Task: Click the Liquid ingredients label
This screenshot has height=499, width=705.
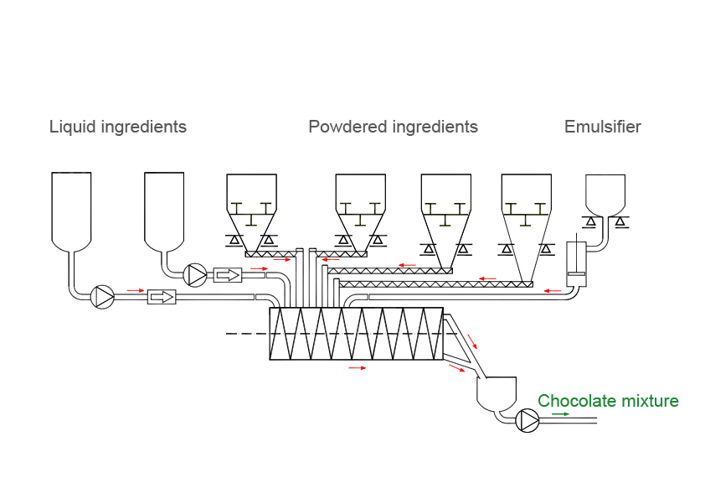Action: click(x=117, y=127)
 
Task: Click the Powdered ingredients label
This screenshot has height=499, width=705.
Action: click(x=393, y=127)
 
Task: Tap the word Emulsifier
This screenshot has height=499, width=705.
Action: click(x=602, y=127)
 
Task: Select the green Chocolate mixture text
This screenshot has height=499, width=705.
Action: click(x=608, y=402)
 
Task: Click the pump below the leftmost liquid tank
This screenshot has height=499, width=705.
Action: click(x=102, y=297)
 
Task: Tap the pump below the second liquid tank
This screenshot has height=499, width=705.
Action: click(x=196, y=274)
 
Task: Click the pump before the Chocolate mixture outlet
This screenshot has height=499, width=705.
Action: click(x=528, y=420)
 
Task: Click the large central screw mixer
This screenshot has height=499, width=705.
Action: click(x=356, y=333)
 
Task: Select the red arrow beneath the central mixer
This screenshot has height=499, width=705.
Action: click(x=358, y=367)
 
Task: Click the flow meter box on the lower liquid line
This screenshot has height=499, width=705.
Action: click(x=162, y=297)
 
